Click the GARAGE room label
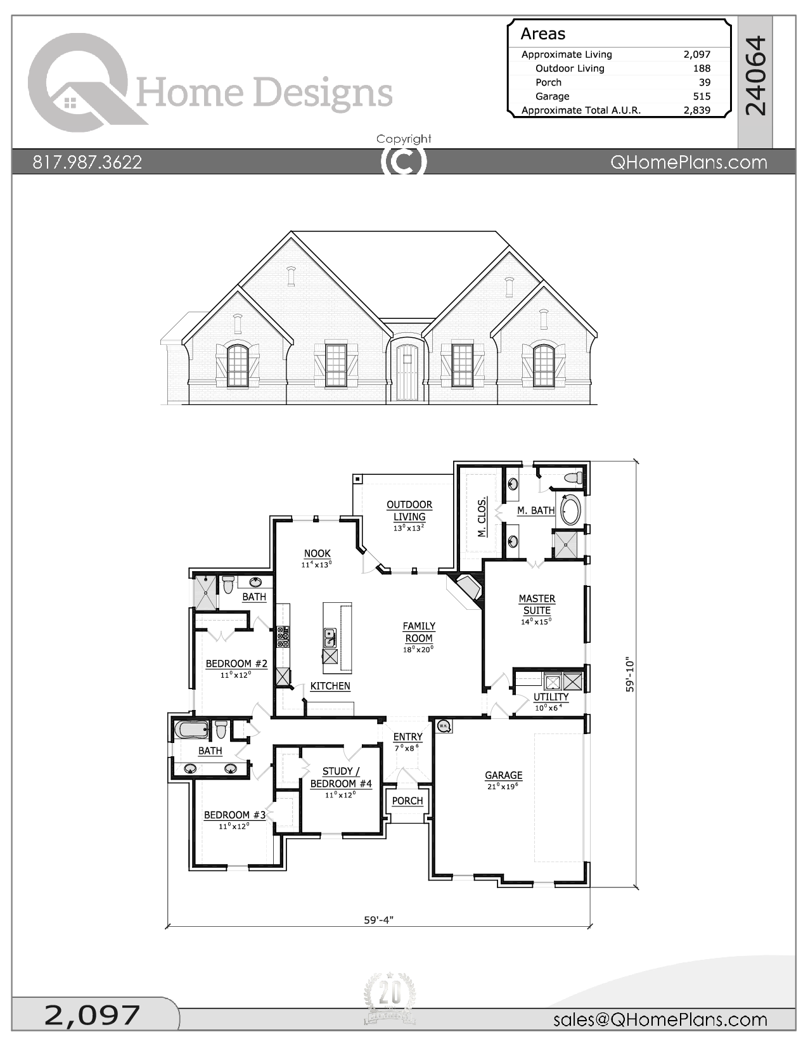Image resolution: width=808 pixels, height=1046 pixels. click(x=504, y=775)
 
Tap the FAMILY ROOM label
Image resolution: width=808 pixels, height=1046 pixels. click(x=419, y=632)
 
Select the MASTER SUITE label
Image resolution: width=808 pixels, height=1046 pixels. click(x=537, y=604)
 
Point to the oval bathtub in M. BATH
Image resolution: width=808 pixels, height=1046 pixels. click(x=570, y=511)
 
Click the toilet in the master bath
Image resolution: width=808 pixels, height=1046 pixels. click(x=574, y=477)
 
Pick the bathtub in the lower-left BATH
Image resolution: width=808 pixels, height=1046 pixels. click(x=191, y=730)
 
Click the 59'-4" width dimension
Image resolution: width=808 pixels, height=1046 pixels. click(x=379, y=920)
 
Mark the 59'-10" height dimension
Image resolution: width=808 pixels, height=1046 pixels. click(x=629, y=675)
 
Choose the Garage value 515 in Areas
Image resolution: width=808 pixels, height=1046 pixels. click(x=702, y=96)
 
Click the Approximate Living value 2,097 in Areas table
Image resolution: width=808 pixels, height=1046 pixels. click(x=696, y=55)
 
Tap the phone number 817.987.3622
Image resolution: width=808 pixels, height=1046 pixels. click(x=87, y=162)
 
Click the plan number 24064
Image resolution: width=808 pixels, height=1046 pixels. click(x=755, y=76)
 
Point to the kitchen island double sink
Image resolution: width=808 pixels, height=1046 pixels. click(x=330, y=637)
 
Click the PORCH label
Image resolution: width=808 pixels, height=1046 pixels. click(x=407, y=801)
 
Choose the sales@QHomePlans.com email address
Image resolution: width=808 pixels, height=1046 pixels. click(x=660, y=1019)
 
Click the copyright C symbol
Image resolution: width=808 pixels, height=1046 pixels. click(x=404, y=162)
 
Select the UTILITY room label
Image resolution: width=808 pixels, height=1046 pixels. click(x=551, y=697)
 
